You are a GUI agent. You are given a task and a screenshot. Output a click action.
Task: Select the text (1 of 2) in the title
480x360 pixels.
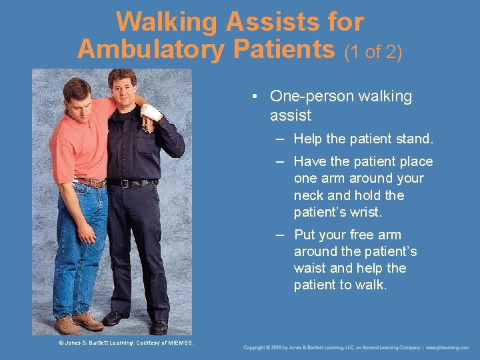[x=373, y=51]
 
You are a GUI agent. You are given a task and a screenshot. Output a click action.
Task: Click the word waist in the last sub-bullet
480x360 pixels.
[x=309, y=268]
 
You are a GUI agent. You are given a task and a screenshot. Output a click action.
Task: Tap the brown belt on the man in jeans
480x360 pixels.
[x=90, y=182]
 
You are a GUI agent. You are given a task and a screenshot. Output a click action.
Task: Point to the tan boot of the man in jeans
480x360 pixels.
[x=69, y=325]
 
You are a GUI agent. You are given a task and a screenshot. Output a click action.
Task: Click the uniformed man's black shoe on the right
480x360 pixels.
[x=159, y=327]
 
